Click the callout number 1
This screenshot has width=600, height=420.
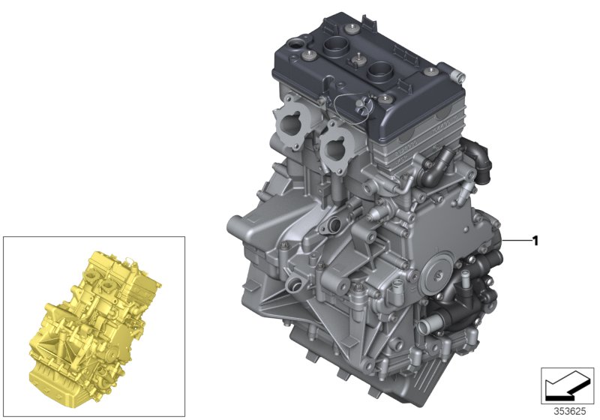(x=535, y=241)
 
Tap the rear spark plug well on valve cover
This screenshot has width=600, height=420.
(x=334, y=51)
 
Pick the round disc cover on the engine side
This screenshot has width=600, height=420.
(x=437, y=275)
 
